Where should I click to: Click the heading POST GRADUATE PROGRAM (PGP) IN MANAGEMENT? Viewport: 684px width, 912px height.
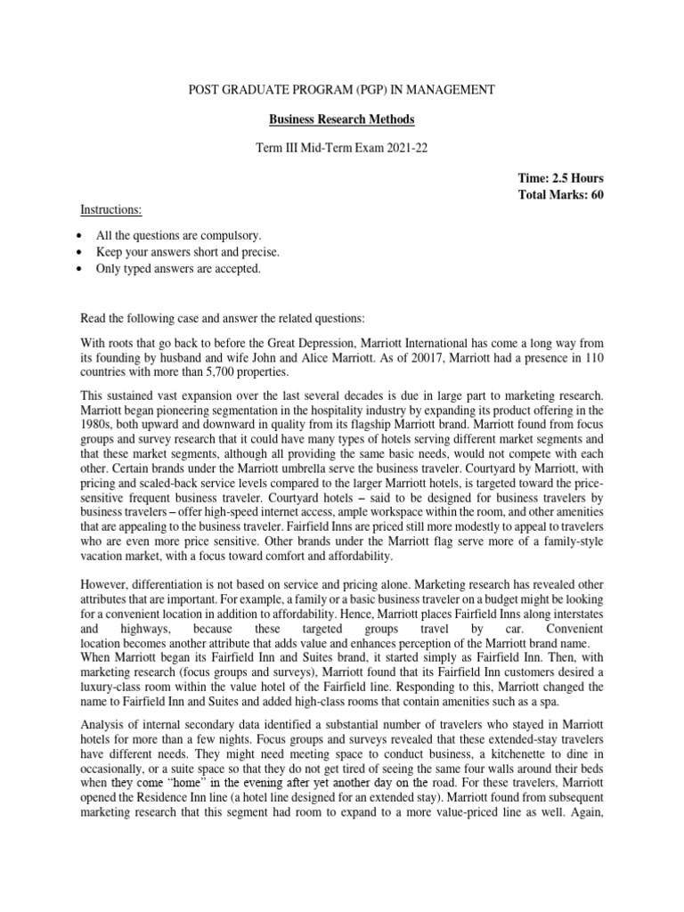[x=341, y=91]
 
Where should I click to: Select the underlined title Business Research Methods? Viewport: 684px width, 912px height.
[x=341, y=118]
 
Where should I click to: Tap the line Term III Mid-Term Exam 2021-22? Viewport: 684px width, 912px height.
[x=341, y=147]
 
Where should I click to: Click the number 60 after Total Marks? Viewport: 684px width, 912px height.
[x=597, y=195]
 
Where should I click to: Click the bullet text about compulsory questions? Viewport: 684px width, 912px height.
[x=179, y=235]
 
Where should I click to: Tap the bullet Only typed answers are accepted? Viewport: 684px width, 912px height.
[x=178, y=267]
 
